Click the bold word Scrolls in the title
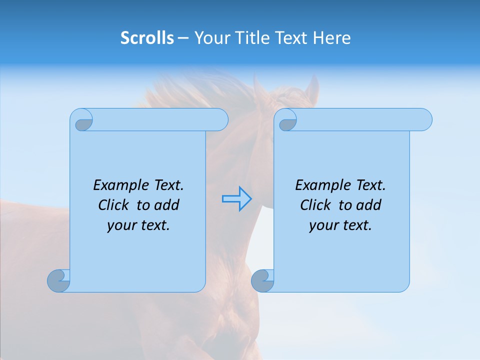(x=147, y=38)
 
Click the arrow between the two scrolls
(x=236, y=199)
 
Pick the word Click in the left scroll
(x=114, y=205)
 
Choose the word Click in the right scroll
(x=315, y=205)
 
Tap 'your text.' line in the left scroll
(x=138, y=225)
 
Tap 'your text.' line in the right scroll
(x=340, y=225)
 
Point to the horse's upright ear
(x=312, y=88)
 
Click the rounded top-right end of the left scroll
(x=220, y=120)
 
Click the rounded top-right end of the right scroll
(x=424, y=120)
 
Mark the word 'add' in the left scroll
(x=167, y=205)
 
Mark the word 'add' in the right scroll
(x=369, y=205)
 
